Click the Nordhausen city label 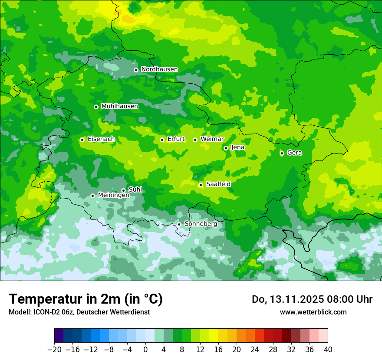coord(159,69)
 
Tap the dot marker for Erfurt coord(162,140)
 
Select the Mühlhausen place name coord(119,106)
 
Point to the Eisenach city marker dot coord(82,140)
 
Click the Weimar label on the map coord(212,139)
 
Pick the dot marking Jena coord(226,148)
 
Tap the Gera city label coord(294,153)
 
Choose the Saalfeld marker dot coord(201,185)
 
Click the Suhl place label coord(135,190)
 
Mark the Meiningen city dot coord(92,196)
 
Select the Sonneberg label coord(201,224)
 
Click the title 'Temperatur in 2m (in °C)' coord(86,299)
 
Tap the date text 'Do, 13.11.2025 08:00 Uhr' coord(312,299)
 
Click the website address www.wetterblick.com coord(313,312)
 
